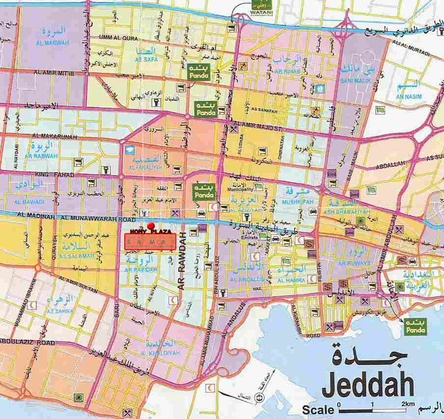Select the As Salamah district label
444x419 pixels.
coord(76,256)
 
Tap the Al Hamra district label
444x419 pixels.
coord(292,280)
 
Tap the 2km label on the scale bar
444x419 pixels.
coord(408,404)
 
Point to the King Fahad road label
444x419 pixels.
coord(48,175)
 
